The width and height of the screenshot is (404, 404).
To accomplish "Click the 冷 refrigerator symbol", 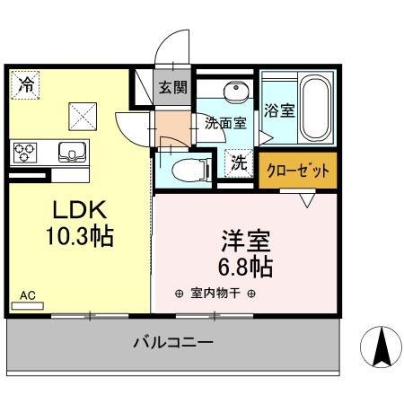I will pyautogui.click(x=27, y=87).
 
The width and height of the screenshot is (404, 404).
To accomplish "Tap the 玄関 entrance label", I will pyautogui.click(x=173, y=88).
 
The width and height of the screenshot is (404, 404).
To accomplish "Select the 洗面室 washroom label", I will pyautogui.click(x=225, y=124).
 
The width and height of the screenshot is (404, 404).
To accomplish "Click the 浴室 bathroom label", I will pyautogui.click(x=279, y=111).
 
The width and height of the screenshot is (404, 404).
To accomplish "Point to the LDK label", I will pyautogui.click(x=79, y=212).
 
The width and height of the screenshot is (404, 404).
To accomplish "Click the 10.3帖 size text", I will pyautogui.click(x=79, y=237).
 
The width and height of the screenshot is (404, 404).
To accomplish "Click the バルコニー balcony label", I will pyautogui.click(x=173, y=342).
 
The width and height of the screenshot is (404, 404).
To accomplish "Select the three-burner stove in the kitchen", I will pyautogui.click(x=25, y=149).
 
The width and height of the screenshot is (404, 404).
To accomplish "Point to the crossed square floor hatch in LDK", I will pyautogui.click(x=83, y=114).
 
